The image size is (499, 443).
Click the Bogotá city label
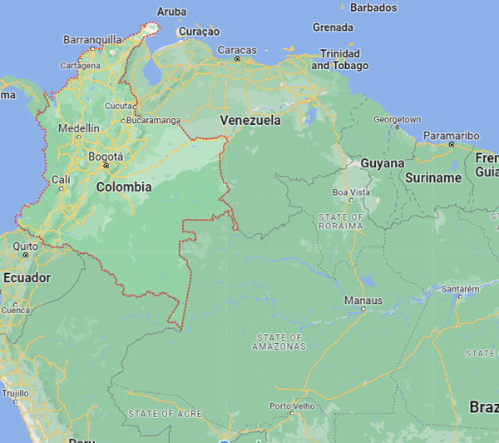[x=106, y=157]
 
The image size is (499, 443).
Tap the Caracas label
[x=237, y=50]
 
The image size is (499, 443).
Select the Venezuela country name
[x=250, y=121]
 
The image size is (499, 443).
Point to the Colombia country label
[x=124, y=187]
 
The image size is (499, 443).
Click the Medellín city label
[x=79, y=128]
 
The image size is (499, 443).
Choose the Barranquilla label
[x=92, y=39]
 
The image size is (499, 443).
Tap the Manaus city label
[x=364, y=300]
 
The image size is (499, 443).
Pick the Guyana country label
[x=382, y=163]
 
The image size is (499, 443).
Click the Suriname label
[x=433, y=177]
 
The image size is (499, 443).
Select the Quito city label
[x=25, y=246]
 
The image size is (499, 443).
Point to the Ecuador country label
[x=27, y=277]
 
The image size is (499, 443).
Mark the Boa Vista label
[x=351, y=192]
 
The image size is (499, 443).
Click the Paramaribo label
[x=452, y=135]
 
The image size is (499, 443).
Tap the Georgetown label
[x=397, y=120]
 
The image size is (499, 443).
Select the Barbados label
[x=373, y=7]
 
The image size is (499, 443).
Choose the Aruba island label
[x=171, y=12]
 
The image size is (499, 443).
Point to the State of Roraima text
[x=340, y=221]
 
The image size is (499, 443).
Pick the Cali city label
[x=61, y=179]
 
